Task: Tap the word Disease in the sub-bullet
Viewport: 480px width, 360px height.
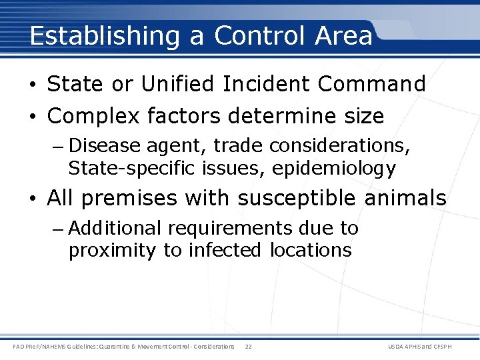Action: coord(100,145)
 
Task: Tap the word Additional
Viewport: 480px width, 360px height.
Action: coord(115,228)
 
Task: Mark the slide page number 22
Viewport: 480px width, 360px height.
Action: coord(248,347)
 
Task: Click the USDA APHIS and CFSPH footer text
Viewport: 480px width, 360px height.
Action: coord(429,347)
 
